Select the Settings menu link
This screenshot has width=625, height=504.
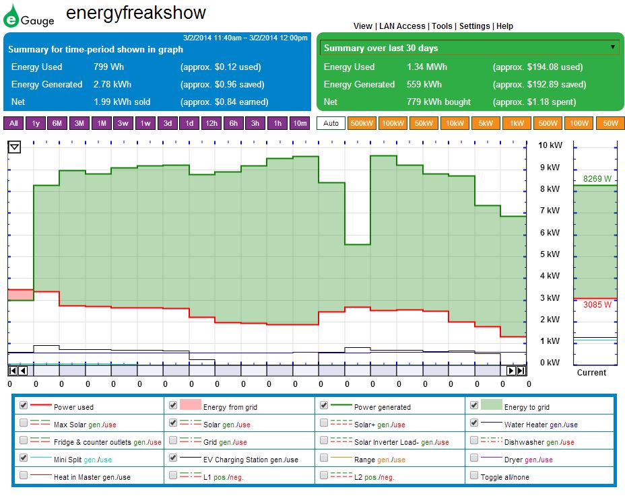pyautogui.click(x=474, y=26)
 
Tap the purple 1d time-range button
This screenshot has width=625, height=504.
pyautogui.click(x=189, y=123)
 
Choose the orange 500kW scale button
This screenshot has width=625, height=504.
pyautogui.click(x=362, y=123)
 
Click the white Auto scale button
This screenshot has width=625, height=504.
pyautogui.click(x=331, y=123)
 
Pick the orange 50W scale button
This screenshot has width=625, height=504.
pyautogui.click(x=610, y=123)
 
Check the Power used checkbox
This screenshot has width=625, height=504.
pyautogui.click(x=24, y=406)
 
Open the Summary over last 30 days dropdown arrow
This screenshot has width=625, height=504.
pyautogui.click(x=612, y=47)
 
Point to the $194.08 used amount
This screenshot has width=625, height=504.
pyautogui.click(x=537, y=67)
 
